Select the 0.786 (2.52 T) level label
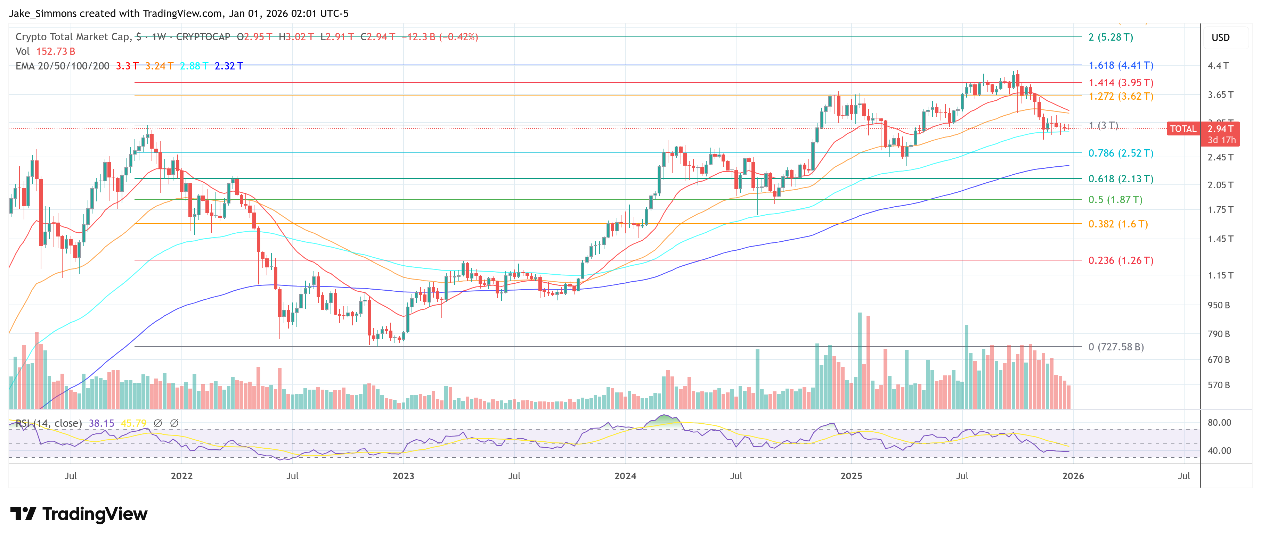tap(1121, 153)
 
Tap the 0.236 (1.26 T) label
tap(1121, 260)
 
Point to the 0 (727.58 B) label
tap(1116, 347)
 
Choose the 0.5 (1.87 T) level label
tap(1115, 200)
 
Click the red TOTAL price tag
tap(1183, 128)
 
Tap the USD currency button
tap(1220, 38)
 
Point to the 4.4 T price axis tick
tap(1218, 66)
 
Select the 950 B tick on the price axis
tap(1218, 305)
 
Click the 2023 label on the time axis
tap(403, 476)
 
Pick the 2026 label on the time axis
tap(1073, 476)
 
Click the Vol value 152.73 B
tap(55, 51)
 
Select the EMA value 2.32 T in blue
tap(229, 66)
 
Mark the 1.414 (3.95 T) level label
tap(1121, 83)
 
